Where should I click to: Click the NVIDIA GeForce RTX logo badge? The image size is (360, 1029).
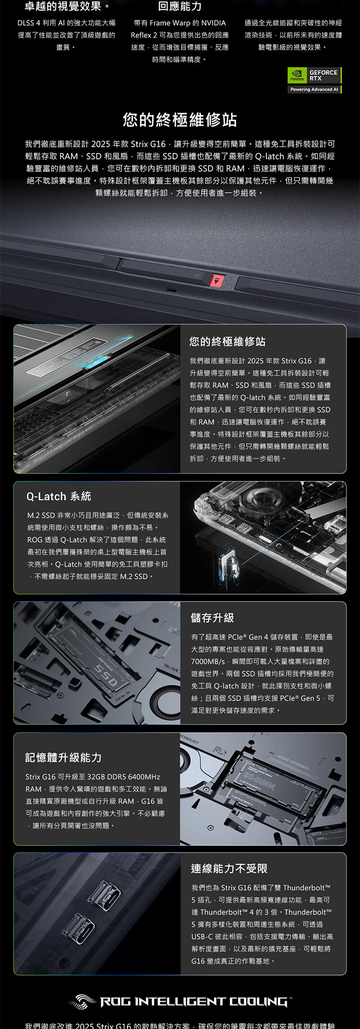pyautogui.click(x=315, y=76)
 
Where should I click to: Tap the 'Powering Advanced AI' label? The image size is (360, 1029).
pyautogui.click(x=314, y=90)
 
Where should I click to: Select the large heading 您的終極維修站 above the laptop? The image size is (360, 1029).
pyautogui.click(x=180, y=120)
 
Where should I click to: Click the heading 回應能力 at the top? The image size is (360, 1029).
pyautogui.click(x=180, y=7)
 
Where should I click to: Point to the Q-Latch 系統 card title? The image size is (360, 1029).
pyautogui.click(x=59, y=496)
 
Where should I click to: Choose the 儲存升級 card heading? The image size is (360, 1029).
pyautogui.click(x=212, y=617)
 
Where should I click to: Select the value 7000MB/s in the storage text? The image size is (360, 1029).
pyautogui.click(x=208, y=661)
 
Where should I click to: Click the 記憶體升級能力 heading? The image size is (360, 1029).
pyautogui.click(x=63, y=757)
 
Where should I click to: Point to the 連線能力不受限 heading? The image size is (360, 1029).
pyautogui.click(x=229, y=868)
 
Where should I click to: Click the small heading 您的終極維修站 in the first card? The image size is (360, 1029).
pyautogui.click(x=227, y=342)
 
